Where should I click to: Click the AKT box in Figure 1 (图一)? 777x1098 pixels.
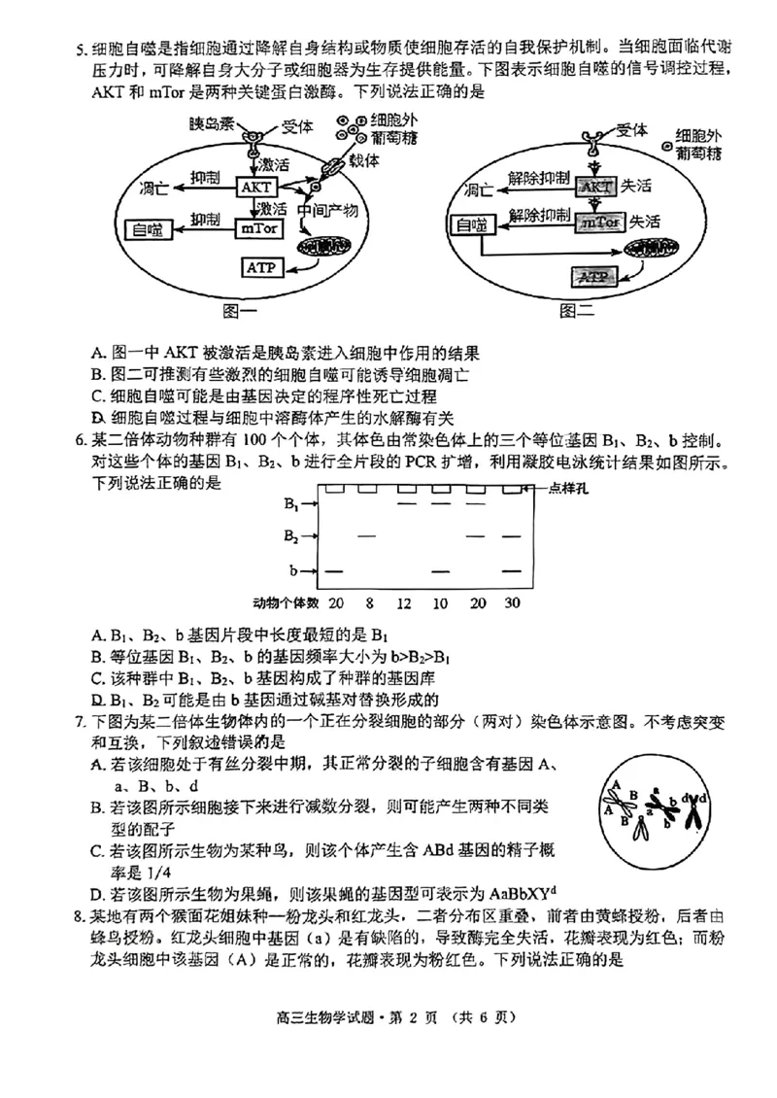pyautogui.click(x=255, y=187)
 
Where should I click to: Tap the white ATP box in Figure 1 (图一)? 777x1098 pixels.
pyautogui.click(x=260, y=266)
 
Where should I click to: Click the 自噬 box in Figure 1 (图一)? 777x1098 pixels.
pyautogui.click(x=149, y=229)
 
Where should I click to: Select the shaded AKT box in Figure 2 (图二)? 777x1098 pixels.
pyautogui.click(x=597, y=186)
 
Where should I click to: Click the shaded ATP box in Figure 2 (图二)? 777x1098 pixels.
pyautogui.click(x=592, y=276)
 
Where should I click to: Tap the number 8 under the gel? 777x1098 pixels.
pyautogui.click(x=368, y=603)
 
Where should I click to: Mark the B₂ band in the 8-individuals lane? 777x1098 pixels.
pyautogui.click(x=367, y=536)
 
